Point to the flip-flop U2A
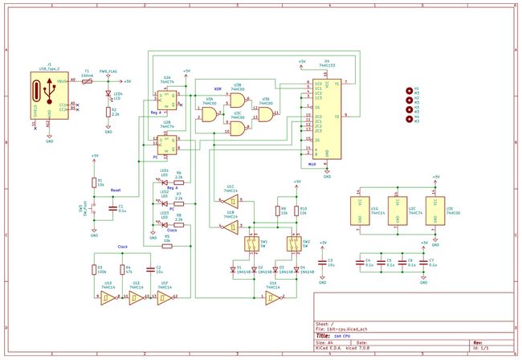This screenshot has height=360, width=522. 165,100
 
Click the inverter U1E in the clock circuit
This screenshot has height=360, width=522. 137,297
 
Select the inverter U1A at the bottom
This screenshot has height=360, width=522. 273,297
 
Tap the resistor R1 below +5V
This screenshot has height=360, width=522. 95,182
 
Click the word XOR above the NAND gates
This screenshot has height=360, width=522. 217,88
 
